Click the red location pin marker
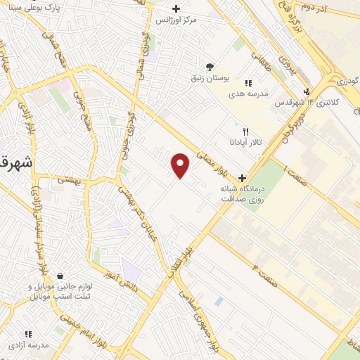[181, 165]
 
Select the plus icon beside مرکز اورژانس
[176, 8]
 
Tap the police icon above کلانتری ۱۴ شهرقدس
[306, 91]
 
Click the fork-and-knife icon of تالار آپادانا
[245, 131]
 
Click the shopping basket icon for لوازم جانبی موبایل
[61, 276]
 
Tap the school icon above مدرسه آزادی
[27, 334]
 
